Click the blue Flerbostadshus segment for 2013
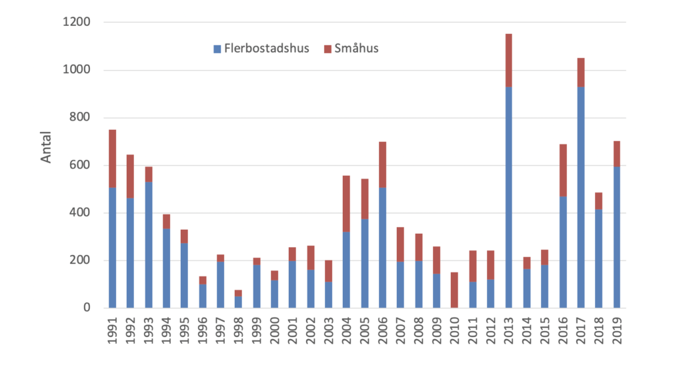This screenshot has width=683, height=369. tap(509, 197)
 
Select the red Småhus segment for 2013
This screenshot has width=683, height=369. tap(509, 60)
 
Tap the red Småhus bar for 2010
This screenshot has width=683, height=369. tap(455, 290)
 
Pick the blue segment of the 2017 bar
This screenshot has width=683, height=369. tap(581, 197)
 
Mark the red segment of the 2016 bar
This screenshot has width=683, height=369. tap(563, 171)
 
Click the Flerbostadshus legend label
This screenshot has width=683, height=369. tap(267, 49)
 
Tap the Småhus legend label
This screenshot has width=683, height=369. tap(357, 49)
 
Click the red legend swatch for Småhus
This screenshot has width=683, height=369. tap(327, 49)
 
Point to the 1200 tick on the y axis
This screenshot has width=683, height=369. tap(78, 23)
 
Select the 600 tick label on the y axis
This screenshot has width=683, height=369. tap(81, 165)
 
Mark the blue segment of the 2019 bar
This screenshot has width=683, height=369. tap(617, 238)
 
